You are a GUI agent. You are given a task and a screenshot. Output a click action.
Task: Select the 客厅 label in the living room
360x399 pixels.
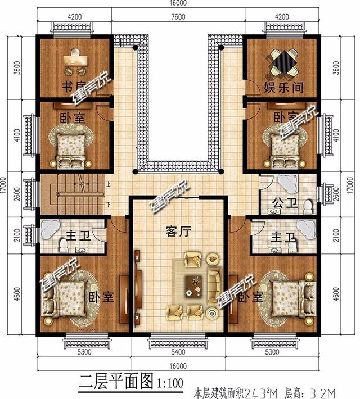pos(176,232)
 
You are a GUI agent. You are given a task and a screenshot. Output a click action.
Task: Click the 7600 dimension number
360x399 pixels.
pos(179,16)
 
